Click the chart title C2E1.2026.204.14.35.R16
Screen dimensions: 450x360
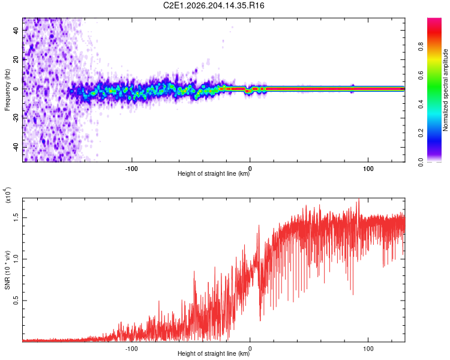(214, 5)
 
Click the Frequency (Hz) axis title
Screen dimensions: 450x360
(7, 90)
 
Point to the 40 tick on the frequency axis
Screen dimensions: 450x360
(16, 30)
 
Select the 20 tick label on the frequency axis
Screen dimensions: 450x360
(16, 59)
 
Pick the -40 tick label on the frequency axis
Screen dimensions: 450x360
(16, 146)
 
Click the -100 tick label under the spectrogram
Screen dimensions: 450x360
(131, 169)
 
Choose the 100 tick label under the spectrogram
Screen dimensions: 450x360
(368, 169)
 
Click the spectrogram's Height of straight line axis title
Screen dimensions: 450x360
(214, 173)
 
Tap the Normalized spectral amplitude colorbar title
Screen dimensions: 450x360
(445, 90)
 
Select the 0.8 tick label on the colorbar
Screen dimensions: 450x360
(421, 47)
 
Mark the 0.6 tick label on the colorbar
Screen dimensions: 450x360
(421, 75)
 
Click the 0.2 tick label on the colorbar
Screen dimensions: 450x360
(421, 133)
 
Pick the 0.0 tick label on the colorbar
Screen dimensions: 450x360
(421, 161)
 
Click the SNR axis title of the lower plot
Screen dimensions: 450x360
(7, 270)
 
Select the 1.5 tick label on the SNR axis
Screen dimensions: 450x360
(16, 218)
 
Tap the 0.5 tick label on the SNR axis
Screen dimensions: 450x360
(16, 301)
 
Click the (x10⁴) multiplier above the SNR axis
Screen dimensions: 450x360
(8, 195)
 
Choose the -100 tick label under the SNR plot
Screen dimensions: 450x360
(131, 349)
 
